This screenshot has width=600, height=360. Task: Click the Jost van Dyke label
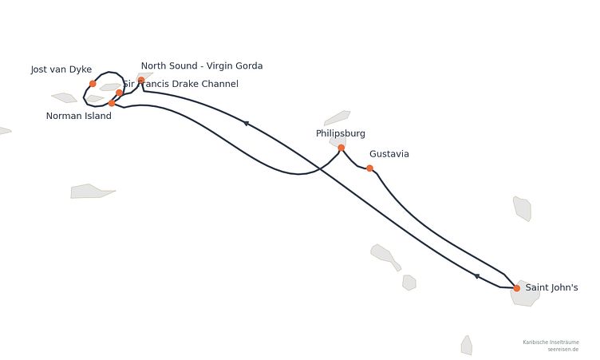pos(61,69)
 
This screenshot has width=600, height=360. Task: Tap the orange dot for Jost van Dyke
pos(93,84)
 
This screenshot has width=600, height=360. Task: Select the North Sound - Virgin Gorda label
pos(202,66)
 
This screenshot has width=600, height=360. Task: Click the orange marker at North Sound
pos(141,80)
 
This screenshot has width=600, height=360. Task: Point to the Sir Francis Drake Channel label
pos(180,84)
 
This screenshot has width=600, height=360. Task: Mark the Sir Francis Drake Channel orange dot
pos(120,93)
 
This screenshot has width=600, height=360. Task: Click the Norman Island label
pos(78,116)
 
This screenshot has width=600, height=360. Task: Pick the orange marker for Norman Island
pos(112,103)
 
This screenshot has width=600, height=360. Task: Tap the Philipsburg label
pos(341,133)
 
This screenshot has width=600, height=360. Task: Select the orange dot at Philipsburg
pos(341,148)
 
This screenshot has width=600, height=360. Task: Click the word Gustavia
pos(389,154)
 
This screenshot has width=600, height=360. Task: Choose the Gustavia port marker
pos(369,168)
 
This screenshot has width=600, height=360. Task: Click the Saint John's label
pos(551,287)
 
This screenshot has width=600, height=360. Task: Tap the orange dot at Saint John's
pos(516,288)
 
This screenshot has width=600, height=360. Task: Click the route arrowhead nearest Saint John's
pos(476,275)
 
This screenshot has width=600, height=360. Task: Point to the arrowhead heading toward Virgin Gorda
pos(246,123)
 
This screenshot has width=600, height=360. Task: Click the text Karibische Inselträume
pos(551,342)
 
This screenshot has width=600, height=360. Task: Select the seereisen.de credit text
pos(562,350)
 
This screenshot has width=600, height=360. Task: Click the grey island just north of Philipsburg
pos(337,118)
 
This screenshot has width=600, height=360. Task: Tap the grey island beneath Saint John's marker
pos(525,294)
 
